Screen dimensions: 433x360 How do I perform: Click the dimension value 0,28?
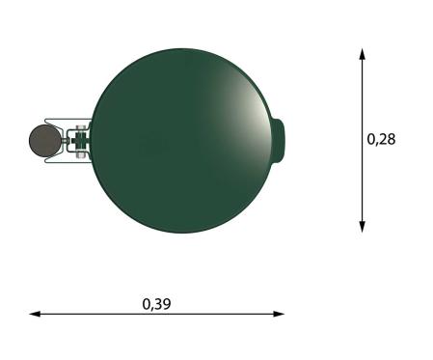coord(381,139)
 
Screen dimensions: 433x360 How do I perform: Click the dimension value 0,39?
coord(156,304)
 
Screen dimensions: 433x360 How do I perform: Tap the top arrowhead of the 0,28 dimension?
coord(363,54)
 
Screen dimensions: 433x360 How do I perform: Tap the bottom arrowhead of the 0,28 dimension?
coord(363,227)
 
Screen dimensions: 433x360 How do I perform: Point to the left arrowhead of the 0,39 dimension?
coord(35,314)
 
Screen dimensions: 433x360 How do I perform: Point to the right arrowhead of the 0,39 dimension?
coord(279,314)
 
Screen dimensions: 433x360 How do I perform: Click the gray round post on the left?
coord(45,141)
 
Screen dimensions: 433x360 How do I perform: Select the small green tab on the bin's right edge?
coord(279,141)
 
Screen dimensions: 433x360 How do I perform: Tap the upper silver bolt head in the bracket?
coord(80,128)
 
